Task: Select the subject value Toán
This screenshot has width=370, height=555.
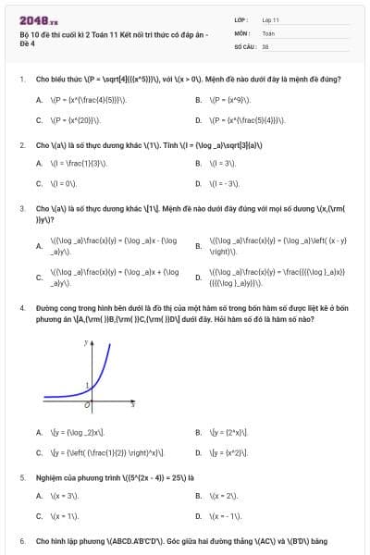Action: point(268,32)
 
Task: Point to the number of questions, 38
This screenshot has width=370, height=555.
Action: point(265,45)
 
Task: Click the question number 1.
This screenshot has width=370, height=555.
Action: point(21,79)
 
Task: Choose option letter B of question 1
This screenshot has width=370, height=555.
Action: point(199,99)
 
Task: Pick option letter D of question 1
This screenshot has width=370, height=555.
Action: point(199,120)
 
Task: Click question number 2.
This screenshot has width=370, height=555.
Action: point(21,145)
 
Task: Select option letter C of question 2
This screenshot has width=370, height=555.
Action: point(39,183)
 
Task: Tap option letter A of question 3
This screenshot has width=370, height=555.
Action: point(39,246)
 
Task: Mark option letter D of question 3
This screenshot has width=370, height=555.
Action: point(199,277)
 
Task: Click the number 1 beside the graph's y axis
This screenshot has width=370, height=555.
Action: point(86,385)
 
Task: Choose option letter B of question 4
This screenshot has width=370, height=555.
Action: point(199,432)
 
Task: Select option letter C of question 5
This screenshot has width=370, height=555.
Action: point(39,516)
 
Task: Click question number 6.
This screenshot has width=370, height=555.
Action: point(21,539)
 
